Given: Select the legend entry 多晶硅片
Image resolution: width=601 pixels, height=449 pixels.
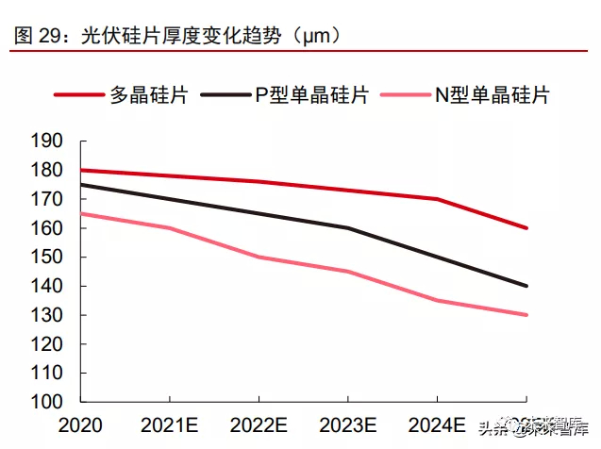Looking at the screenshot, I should pos(148,94).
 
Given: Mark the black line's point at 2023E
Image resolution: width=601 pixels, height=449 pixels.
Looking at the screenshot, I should pos(349,228).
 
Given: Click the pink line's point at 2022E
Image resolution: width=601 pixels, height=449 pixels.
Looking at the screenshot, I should pos(260,257).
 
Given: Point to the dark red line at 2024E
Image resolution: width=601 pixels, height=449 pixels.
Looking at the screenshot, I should pos(438,199).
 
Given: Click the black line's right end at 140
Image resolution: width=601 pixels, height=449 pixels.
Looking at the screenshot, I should pos(526,286).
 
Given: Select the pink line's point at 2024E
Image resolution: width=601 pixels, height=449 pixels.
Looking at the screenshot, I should pos(438,300).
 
